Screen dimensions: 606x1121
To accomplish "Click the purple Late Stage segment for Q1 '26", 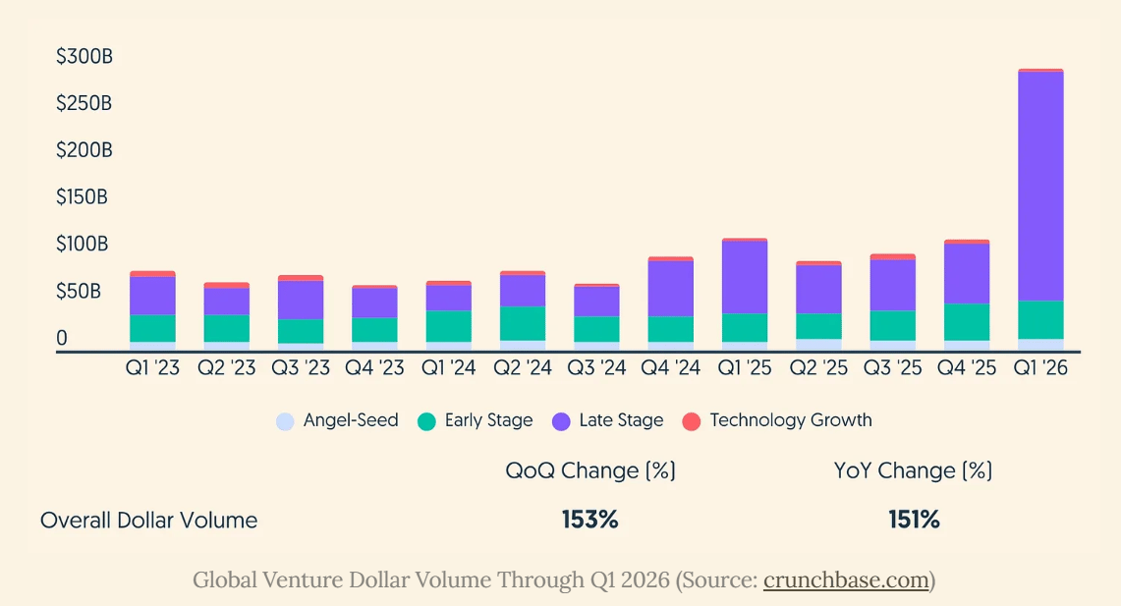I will coord(1040,187).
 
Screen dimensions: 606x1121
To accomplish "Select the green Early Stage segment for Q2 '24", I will coord(523,323).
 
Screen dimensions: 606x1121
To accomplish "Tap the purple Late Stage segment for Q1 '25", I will coord(745,277).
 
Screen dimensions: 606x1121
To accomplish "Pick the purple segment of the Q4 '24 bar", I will coord(670,289).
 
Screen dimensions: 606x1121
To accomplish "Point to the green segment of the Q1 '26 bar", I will coord(1040,319).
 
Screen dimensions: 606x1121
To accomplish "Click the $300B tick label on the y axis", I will coord(84,57).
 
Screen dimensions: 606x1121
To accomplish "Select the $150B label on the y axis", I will coord(83,197).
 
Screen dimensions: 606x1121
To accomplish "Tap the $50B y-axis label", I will coord(79,291).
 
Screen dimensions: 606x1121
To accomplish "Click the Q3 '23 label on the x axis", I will coord(301,368).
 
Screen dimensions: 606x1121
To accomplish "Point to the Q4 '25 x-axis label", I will coord(967,368).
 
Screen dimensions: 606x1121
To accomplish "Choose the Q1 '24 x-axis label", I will coord(448,368).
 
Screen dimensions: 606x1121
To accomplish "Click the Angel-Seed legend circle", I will coord(285,421).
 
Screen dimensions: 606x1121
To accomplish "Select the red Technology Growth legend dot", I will coord(692,421).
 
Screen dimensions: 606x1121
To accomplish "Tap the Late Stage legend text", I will coord(621,420).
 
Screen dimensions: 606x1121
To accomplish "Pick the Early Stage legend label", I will coord(488,420).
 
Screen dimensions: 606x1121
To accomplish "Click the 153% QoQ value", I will coord(590,520).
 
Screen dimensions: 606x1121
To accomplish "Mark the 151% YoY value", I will coord(914,520).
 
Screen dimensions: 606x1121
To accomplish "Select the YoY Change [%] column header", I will coord(913,470).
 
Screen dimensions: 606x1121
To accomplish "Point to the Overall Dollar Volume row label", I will coord(148,521).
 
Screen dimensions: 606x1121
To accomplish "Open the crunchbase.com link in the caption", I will coord(846,579).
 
